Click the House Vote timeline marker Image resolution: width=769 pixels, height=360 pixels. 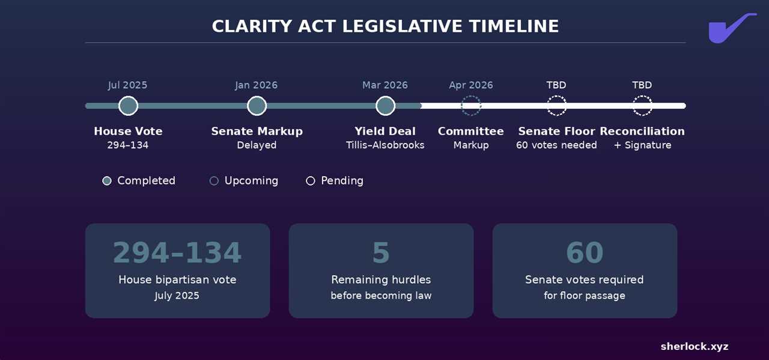(x=128, y=106)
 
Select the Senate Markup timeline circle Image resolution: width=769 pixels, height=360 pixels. (x=257, y=106)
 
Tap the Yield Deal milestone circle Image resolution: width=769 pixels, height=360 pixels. (x=385, y=106)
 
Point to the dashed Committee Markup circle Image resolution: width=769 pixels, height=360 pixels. (x=471, y=106)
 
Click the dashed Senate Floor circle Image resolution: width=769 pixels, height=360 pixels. (x=556, y=106)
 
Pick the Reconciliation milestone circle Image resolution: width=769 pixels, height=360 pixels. (x=642, y=106)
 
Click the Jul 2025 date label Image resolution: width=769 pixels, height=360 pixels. (x=127, y=85)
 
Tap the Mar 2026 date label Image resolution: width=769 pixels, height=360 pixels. (x=385, y=85)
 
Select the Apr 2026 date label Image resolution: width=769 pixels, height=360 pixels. (x=471, y=85)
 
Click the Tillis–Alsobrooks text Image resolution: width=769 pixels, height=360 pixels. (x=385, y=145)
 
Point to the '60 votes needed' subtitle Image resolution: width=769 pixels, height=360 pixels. (x=556, y=145)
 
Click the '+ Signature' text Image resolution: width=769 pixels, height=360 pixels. (x=642, y=145)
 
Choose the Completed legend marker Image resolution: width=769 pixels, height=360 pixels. (x=107, y=181)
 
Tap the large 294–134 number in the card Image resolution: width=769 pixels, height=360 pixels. (x=177, y=253)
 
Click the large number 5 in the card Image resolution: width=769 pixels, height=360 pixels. (x=381, y=253)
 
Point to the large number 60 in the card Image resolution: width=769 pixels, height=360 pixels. (x=585, y=253)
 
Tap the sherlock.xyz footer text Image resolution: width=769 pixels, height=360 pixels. (x=695, y=346)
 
